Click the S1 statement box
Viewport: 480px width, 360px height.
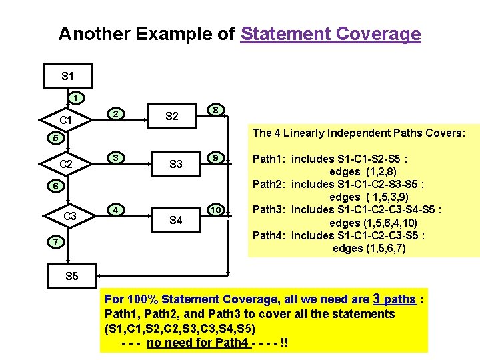(67, 76)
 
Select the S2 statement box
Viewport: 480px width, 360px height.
(171, 117)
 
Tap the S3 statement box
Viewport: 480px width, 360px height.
(175, 164)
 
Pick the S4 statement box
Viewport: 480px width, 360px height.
(175, 219)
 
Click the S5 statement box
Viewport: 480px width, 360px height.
(71, 276)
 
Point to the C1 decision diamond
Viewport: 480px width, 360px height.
(66, 121)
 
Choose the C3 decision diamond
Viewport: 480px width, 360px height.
(69, 216)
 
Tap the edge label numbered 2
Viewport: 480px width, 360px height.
(115, 113)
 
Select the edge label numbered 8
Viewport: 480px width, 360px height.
(215, 109)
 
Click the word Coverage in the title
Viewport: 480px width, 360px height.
(378, 33)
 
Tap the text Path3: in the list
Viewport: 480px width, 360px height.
(270, 210)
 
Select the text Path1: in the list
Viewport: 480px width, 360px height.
(270, 159)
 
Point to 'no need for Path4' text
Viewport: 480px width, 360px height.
(198, 343)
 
